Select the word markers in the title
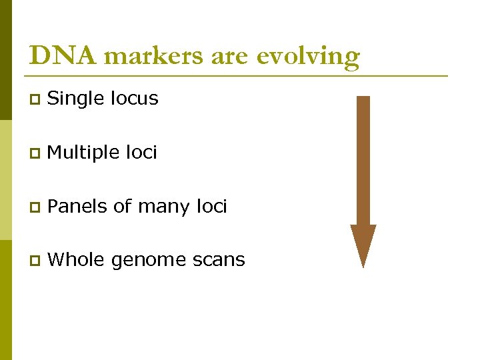pos(155,56)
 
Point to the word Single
pos(75,99)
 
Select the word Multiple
pos(84,153)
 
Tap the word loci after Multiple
pos(141,153)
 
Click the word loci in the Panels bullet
pos(211,207)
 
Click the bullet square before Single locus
pos(34,100)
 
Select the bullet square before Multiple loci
pos(34,154)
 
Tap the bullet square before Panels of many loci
pos(34,207)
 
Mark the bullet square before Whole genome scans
pos(34,261)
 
